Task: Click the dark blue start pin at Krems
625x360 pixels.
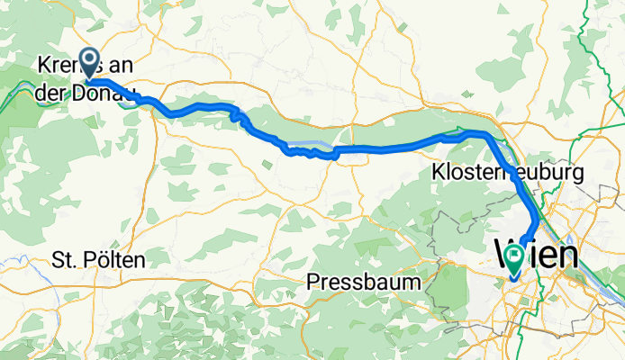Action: click(x=90, y=61)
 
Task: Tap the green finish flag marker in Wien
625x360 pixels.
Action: click(x=514, y=259)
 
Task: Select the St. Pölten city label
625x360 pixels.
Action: click(x=97, y=260)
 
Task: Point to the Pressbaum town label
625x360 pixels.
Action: click(x=364, y=282)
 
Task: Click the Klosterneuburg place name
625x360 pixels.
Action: click(x=508, y=171)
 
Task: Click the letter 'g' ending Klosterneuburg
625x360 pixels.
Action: click(x=580, y=173)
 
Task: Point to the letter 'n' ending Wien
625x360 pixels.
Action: click(x=566, y=255)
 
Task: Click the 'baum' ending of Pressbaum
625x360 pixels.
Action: click(x=396, y=282)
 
